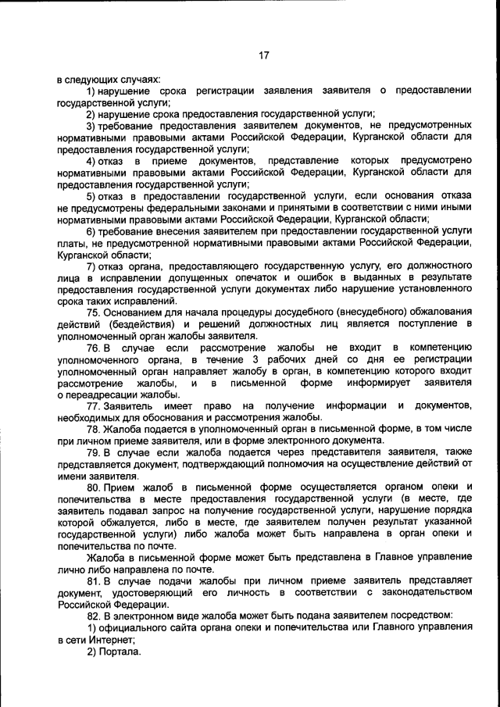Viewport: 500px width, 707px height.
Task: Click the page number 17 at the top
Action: [x=263, y=55]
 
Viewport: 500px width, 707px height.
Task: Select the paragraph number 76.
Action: [x=94, y=347]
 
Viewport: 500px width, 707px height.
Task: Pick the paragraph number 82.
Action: [x=94, y=616]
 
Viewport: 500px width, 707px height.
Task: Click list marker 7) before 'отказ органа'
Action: [x=91, y=266]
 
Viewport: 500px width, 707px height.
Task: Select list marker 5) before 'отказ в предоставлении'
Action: [x=91, y=195]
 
